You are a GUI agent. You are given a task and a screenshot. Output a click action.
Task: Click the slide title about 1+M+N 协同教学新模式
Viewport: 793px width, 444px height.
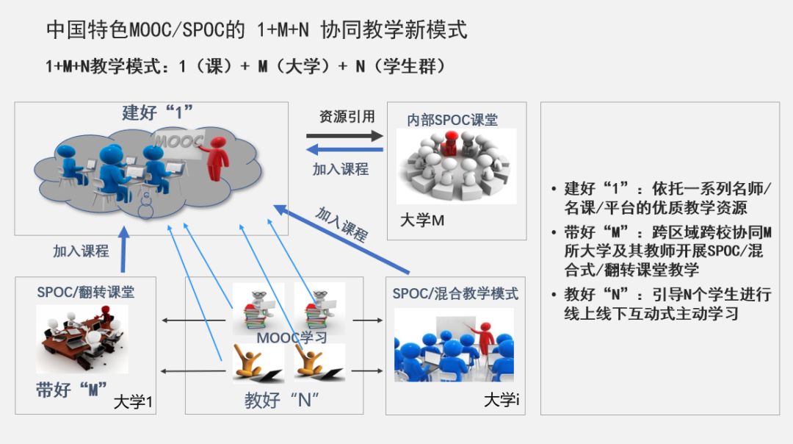point(256,30)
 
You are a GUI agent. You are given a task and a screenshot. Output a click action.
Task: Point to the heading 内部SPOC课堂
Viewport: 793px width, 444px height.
point(452,120)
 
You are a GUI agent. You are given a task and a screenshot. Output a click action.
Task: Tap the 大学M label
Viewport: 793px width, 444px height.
point(422,220)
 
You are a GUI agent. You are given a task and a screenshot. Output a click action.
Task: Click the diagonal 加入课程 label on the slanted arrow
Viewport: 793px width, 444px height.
point(341,224)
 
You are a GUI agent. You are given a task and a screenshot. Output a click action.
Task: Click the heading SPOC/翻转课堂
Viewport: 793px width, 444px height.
point(86,292)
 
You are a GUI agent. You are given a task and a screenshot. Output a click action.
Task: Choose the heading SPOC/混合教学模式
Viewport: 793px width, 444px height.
point(455,294)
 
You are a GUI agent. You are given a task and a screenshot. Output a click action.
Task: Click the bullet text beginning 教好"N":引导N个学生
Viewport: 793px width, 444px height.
point(667,304)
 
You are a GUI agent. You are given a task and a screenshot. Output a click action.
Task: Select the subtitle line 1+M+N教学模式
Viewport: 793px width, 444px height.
point(245,66)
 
